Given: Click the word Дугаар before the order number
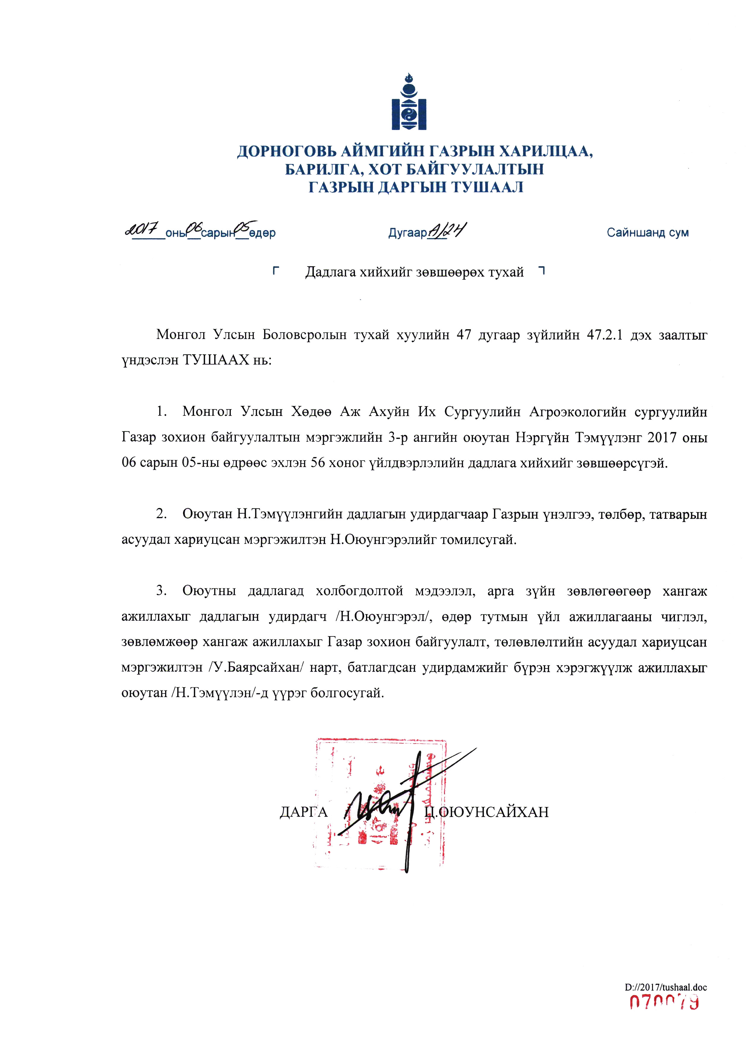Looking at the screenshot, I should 407,233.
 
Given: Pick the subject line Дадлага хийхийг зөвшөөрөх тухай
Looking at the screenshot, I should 414,272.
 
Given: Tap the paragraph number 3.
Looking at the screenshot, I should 161,591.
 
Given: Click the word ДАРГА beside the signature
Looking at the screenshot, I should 303,812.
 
